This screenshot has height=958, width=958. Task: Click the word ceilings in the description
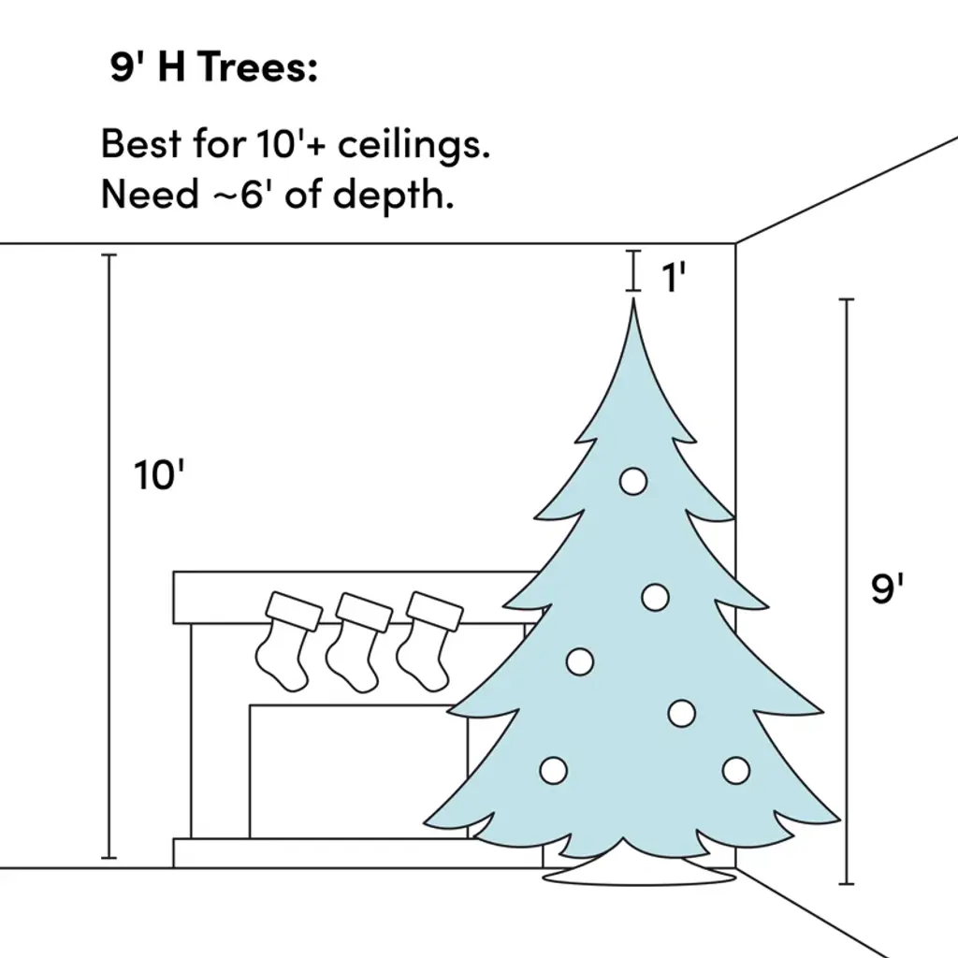414,145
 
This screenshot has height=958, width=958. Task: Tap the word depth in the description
394,195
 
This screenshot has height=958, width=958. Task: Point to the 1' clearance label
674,277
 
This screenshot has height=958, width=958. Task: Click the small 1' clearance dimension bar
633,270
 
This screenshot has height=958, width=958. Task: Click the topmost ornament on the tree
633,482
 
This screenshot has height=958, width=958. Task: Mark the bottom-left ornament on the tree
554,771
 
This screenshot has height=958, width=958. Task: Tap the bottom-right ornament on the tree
735,771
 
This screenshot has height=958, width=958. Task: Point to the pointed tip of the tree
633,300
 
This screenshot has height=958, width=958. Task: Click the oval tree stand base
640,875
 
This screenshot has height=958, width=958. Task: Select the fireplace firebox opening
358,772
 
